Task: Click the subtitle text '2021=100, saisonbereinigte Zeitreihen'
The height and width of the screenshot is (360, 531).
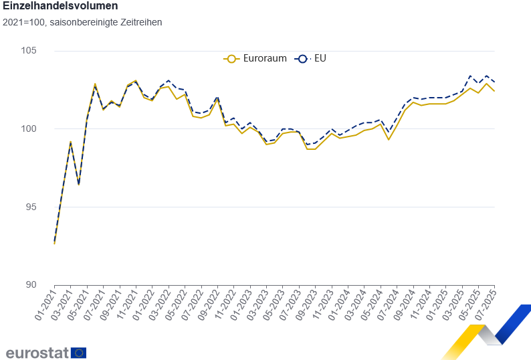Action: tap(82, 22)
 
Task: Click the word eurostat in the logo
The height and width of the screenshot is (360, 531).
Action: tap(36, 352)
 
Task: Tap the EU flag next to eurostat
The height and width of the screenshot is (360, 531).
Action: tap(78, 353)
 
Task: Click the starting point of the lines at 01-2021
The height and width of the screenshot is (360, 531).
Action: tap(54, 243)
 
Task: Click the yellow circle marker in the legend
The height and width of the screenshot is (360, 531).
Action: tap(231, 58)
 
